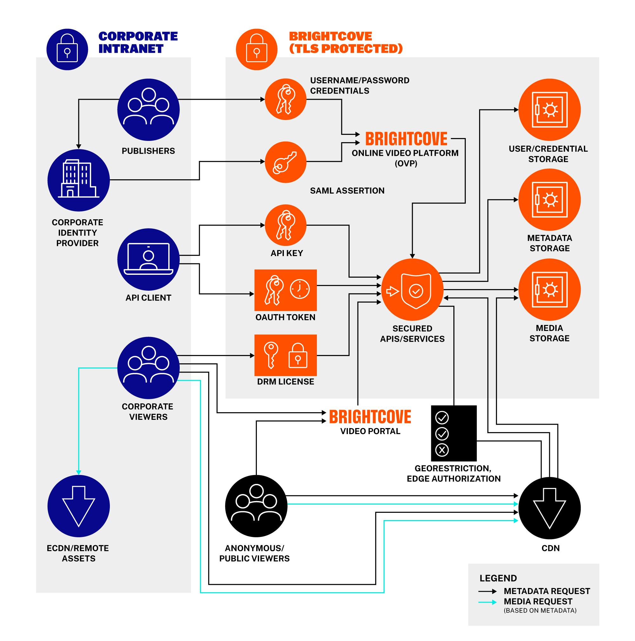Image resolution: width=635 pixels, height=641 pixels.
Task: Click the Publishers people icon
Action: [x=148, y=110]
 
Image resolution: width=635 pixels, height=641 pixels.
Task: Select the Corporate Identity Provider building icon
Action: [x=78, y=180]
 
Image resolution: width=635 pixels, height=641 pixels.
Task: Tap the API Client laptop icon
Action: [x=148, y=259]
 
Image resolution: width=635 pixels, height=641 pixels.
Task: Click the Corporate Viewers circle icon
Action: [x=148, y=367]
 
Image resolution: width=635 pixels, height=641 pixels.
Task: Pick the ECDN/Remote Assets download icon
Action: [x=78, y=506]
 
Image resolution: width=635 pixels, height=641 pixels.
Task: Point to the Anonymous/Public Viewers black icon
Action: [x=256, y=506]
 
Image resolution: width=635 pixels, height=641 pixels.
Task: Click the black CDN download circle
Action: [x=549, y=508]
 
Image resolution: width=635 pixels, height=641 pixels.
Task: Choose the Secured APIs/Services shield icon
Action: [x=412, y=289]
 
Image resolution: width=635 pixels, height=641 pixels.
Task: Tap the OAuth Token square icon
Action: [x=285, y=290]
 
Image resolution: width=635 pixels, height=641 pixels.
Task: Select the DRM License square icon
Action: [x=285, y=355]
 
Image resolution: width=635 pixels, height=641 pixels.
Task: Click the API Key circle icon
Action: [x=285, y=225]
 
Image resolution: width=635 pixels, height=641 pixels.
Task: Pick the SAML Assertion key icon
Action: [x=285, y=162]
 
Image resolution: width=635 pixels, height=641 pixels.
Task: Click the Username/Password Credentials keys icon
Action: [x=285, y=99]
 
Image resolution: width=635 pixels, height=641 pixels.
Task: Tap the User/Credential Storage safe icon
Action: [x=549, y=110]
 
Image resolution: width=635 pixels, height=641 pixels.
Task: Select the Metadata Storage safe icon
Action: [x=549, y=199]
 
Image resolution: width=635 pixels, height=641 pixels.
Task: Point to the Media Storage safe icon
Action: [x=549, y=289]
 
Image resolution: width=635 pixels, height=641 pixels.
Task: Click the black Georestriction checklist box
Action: [x=453, y=433]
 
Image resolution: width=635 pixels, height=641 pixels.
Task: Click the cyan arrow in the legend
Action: [x=487, y=602]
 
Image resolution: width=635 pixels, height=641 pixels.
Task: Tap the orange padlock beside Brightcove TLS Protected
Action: [x=256, y=50]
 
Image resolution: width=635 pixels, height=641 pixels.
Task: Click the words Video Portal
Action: [x=370, y=431]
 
